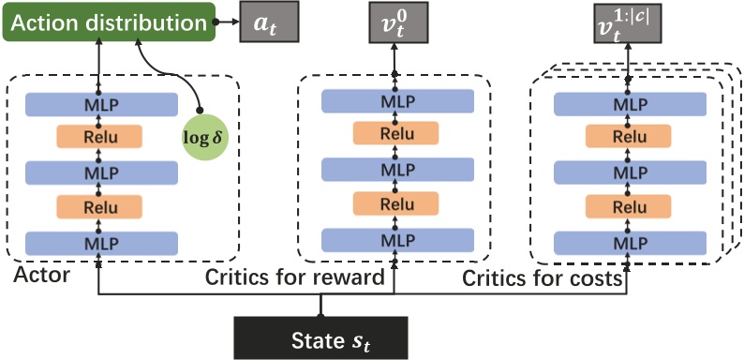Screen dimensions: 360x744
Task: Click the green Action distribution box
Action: coord(109,21)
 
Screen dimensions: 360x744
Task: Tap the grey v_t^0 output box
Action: coord(394,22)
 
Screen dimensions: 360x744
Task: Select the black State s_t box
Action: coord(320,335)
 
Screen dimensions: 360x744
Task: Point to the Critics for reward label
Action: coord(295,277)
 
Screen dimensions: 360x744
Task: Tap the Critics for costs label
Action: coord(543,277)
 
